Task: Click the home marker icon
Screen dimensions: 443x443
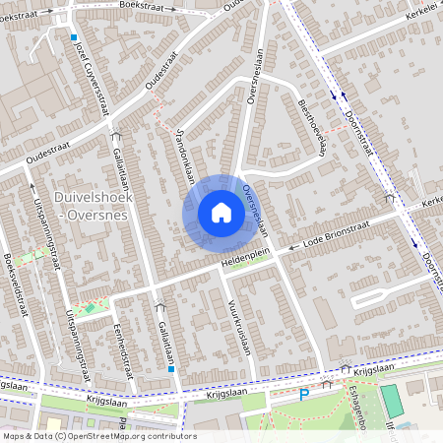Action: [221, 213]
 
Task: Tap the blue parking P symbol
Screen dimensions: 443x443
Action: [304, 395]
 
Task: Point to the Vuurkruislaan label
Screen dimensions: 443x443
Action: [239, 327]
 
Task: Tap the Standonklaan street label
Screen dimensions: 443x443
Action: [185, 157]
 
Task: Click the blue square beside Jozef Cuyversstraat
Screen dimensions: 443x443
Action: [73, 37]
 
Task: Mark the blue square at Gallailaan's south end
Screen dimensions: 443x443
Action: [172, 369]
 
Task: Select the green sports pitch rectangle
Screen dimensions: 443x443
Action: [392, 401]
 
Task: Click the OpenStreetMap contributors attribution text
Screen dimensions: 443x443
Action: [98, 436]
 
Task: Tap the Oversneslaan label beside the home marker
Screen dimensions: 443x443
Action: [254, 206]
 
